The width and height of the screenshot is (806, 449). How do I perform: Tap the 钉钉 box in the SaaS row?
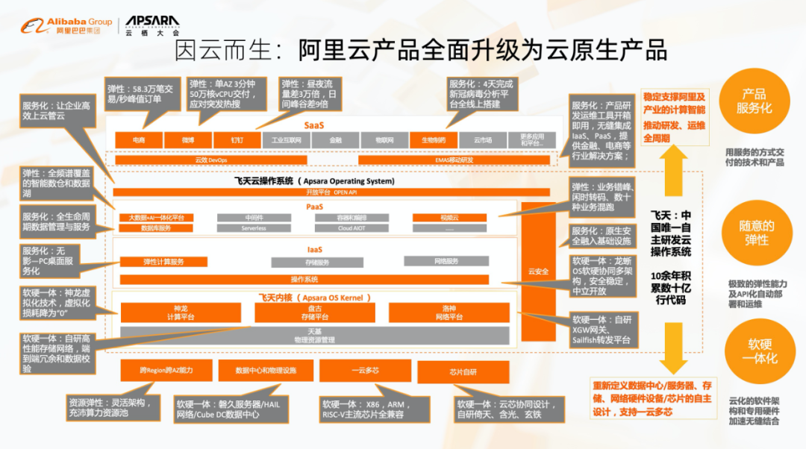coord(236,139)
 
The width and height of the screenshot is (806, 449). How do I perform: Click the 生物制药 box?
coord(434,139)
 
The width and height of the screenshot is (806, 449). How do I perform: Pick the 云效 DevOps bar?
coord(210,160)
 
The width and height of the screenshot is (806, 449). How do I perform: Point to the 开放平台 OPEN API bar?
coord(313,192)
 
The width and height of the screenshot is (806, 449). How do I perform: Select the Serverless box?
coord(254,228)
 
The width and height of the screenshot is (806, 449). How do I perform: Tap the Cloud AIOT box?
coord(351,228)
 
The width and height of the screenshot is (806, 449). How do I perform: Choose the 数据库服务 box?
coord(156,228)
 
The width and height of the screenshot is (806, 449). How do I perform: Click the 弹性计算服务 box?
coord(164,262)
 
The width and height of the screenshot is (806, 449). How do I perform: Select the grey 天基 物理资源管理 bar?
coord(314,336)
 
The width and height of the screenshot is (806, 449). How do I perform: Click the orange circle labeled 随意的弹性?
coord(756,233)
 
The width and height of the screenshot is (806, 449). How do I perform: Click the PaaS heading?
coord(314,207)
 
